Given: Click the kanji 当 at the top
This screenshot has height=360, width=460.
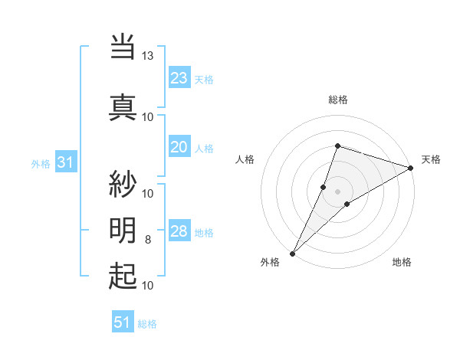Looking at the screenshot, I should click(123, 47).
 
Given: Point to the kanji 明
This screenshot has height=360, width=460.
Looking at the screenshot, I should click(123, 230).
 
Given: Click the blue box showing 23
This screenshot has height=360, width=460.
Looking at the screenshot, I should click(179, 78).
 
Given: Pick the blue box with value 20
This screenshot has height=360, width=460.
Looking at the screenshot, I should click(179, 148).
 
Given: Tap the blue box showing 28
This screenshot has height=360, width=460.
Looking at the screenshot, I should click(179, 232).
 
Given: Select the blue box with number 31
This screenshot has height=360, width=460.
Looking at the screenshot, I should click(65, 162).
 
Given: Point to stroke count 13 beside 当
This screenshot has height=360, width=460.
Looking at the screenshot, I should click(148, 56).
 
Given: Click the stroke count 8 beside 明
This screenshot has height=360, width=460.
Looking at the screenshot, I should click(148, 240).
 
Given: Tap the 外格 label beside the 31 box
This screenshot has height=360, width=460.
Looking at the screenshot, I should click(41, 163).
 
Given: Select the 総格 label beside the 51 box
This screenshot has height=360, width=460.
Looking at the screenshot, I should click(148, 324).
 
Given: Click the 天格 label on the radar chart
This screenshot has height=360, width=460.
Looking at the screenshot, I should click(431, 159).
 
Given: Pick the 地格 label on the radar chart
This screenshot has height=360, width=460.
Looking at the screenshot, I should click(402, 263).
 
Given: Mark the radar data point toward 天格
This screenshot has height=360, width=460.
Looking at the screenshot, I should click(411, 168).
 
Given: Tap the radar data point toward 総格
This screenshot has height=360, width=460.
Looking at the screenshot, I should click(337, 146).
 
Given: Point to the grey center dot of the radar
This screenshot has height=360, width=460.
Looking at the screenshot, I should click(337, 191).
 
